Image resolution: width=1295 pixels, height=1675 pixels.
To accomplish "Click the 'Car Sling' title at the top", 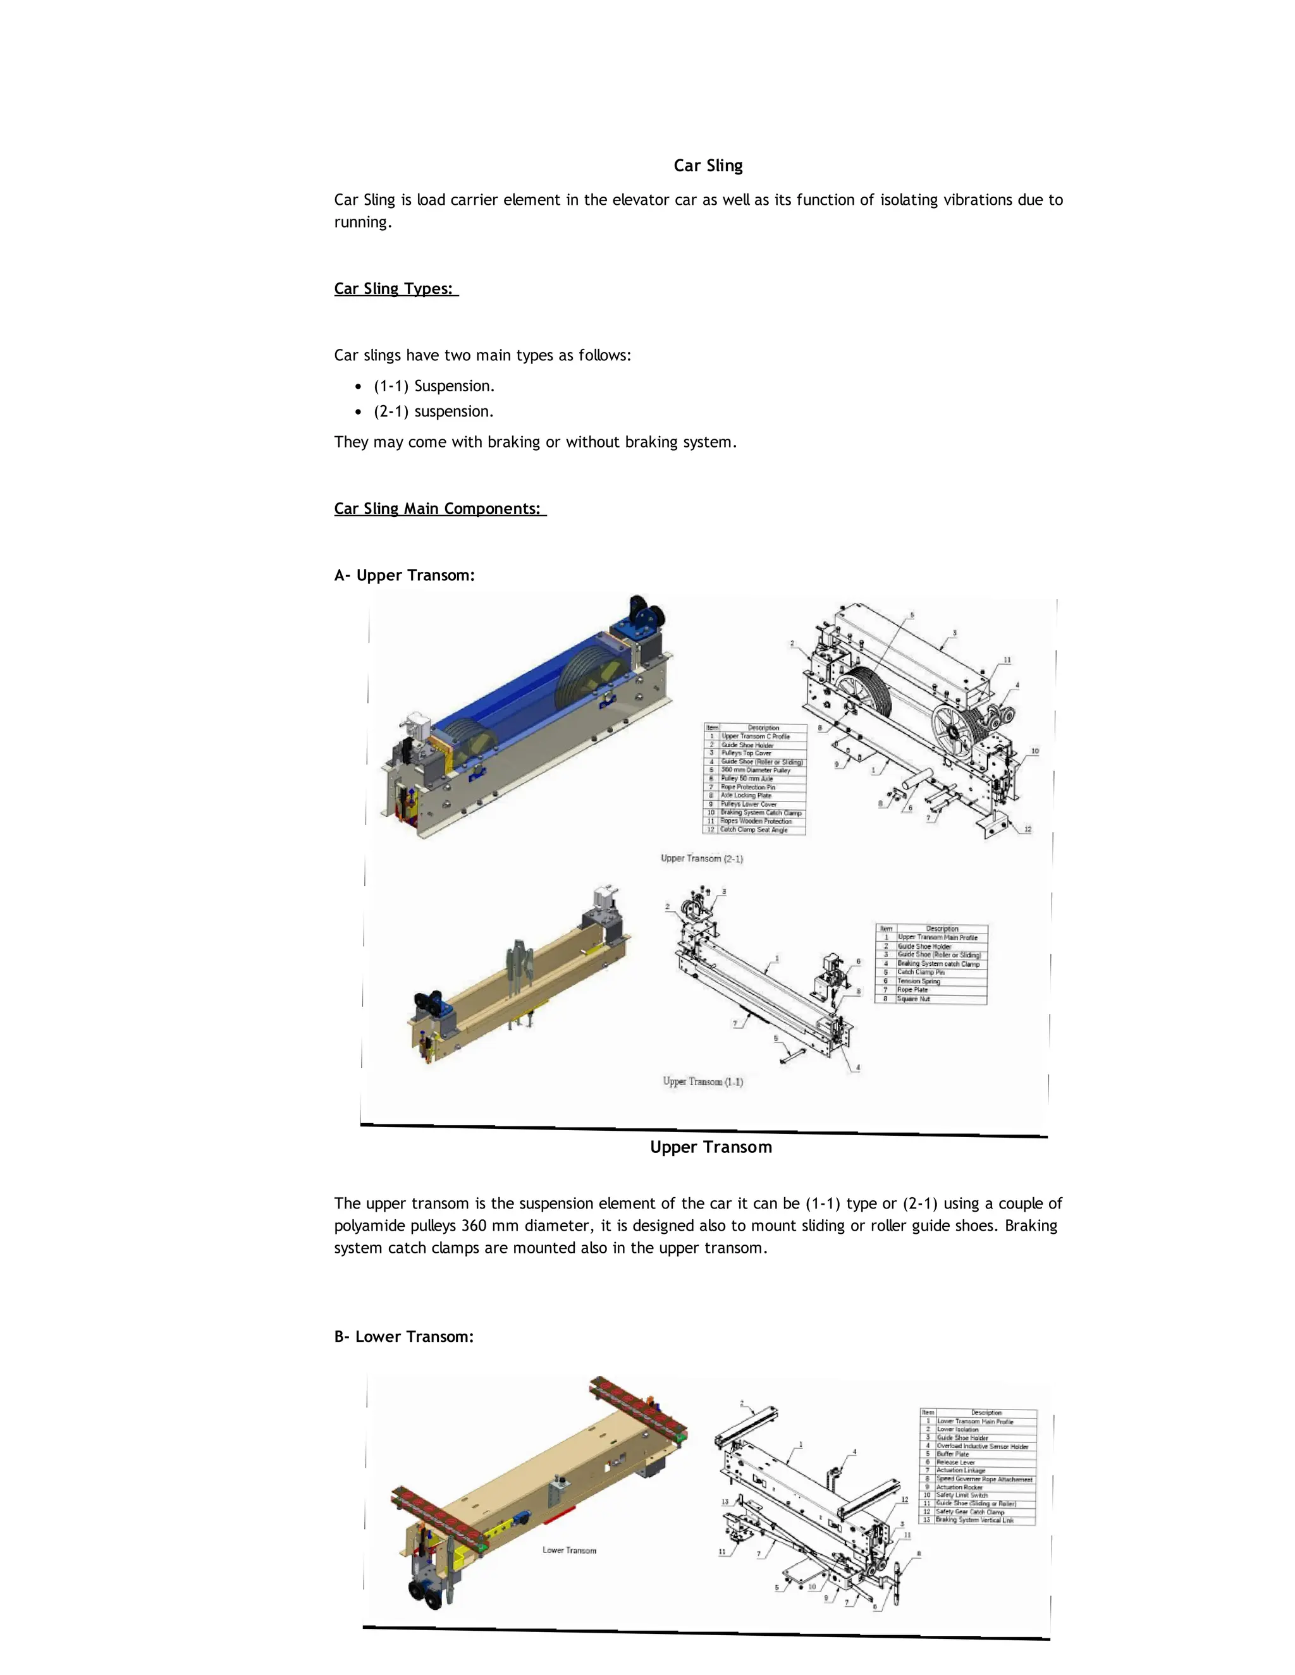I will pos(708,166).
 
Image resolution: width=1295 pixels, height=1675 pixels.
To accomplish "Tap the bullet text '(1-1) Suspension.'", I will pos(433,386).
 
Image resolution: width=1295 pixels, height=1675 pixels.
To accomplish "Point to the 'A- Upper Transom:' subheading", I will pos(404,575).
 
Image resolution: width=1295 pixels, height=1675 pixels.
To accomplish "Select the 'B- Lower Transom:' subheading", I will pos(403,1337).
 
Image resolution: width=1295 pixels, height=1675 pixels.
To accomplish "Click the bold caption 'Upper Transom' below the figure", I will pos(710,1147).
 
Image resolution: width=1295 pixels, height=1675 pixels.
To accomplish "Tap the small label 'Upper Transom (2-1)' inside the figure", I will pos(701,858).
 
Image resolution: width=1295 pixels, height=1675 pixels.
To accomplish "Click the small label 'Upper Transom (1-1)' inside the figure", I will pos(703,1081).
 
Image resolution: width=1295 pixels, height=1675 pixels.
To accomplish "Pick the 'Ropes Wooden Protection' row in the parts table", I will pos(756,820).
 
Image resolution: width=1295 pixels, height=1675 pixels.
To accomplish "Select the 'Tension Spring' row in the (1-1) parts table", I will pos(918,981).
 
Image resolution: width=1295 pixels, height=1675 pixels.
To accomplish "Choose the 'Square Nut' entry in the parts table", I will pos(913,999).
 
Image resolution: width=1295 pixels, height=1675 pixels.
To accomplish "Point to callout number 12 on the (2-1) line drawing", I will pos(1028,830).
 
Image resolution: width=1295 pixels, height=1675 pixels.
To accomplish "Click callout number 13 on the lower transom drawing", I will pos(724,1502).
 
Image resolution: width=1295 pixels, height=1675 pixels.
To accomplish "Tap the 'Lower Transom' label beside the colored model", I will pos(569,1550).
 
